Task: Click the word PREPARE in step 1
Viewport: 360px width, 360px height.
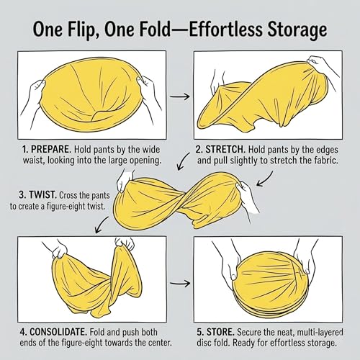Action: coord(51,150)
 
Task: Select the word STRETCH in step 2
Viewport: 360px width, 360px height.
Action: coord(225,150)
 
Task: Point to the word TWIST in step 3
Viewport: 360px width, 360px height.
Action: coord(42,195)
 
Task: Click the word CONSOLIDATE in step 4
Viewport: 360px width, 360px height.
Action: coord(58,333)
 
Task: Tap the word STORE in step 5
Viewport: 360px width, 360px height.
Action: coord(220,333)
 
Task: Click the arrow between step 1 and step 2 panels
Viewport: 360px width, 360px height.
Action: coord(180,96)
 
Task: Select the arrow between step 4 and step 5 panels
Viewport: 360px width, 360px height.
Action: coord(180,283)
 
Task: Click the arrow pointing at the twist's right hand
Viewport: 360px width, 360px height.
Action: coord(266,179)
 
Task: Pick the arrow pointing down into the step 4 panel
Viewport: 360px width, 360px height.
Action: coord(102,225)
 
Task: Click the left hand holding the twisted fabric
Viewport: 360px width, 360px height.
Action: coord(125,181)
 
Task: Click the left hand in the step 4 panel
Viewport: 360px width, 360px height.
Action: coord(60,251)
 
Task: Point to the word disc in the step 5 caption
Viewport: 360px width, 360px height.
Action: coord(204,343)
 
